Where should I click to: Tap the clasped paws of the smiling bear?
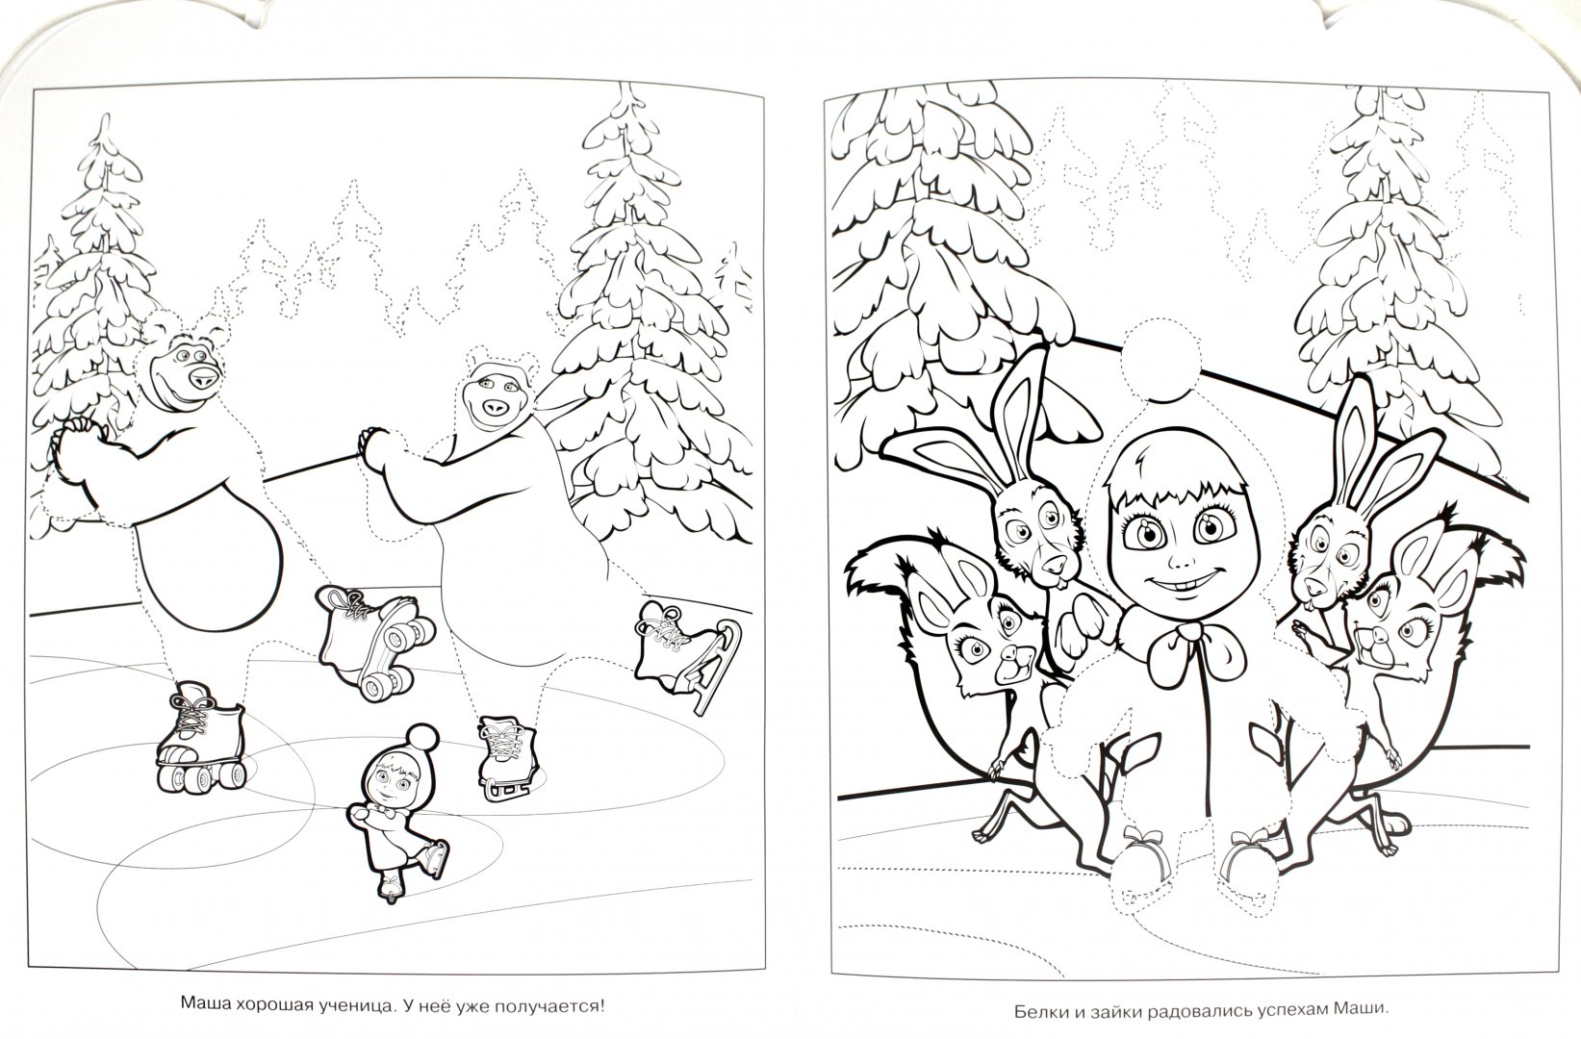pyautogui.click(x=79, y=438)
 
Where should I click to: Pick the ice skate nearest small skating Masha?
pyautogui.click(x=507, y=759)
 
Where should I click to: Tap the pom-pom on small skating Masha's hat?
pyautogui.click(x=422, y=738)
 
